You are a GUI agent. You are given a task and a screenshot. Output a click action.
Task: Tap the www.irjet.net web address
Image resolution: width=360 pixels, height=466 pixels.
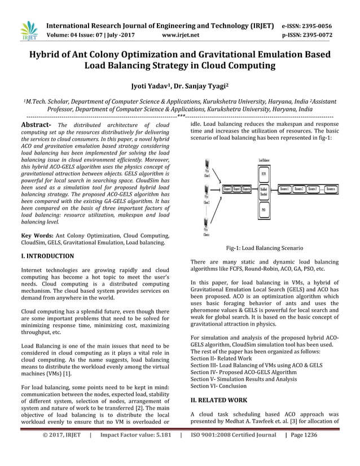181,35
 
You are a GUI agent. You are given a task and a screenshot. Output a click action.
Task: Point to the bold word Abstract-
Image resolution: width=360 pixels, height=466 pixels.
36,125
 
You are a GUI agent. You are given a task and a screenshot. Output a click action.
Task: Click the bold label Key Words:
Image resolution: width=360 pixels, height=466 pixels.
37,235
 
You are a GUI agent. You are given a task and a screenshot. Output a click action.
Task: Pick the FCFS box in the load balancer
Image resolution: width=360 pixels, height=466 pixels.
263,173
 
